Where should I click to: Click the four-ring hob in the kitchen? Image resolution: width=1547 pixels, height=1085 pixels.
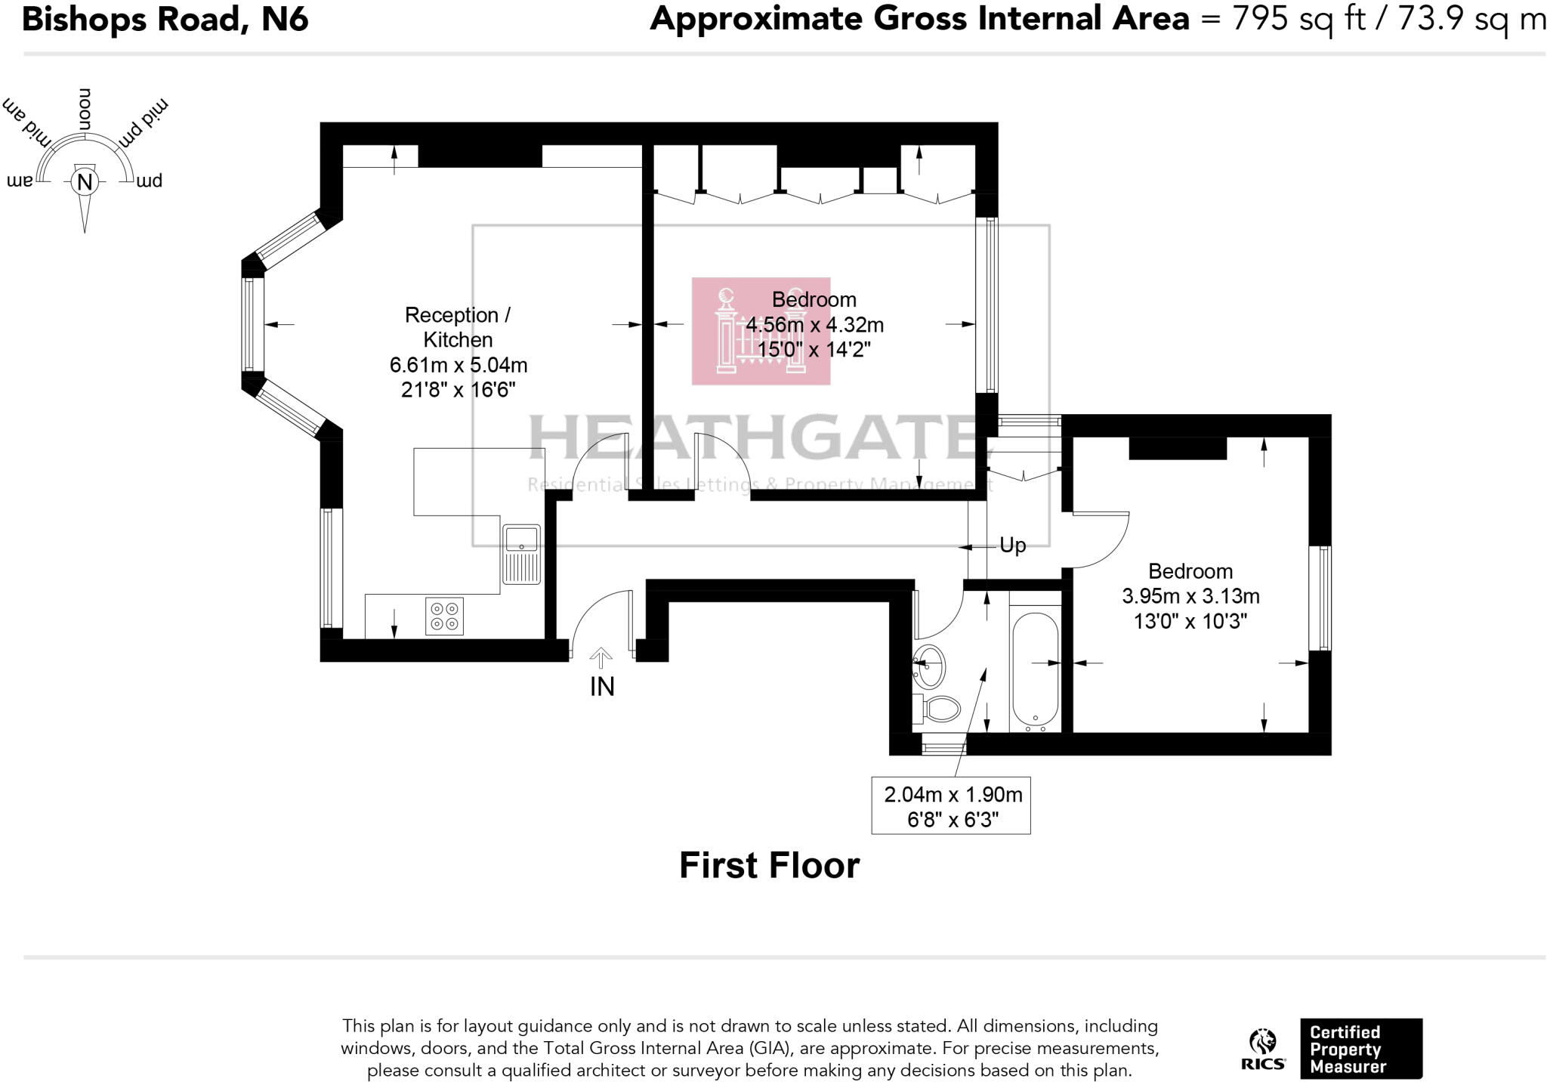444,616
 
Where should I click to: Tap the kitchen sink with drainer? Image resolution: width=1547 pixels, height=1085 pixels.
521,554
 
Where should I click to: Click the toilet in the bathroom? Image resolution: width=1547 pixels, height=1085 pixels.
939,708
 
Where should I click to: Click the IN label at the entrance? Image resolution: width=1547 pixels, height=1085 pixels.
602,686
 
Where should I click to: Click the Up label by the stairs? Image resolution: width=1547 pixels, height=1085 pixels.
1012,545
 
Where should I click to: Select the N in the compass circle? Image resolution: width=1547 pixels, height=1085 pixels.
85,182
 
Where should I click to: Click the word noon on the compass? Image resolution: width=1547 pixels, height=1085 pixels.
85,109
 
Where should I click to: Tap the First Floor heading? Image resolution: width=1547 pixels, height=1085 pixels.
769,865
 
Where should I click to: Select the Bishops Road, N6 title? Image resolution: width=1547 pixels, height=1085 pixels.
165,19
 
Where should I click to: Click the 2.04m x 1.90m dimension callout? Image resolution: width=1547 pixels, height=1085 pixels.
953,795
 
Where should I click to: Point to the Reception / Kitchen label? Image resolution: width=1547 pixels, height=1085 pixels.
458,326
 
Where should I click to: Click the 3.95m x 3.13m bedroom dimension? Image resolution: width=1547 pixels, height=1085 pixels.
1190,596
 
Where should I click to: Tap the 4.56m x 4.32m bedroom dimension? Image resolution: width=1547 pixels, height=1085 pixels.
814,325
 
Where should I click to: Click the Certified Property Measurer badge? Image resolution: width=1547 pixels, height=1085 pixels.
1360,1049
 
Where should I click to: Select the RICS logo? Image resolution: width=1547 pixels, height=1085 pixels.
1262,1050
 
